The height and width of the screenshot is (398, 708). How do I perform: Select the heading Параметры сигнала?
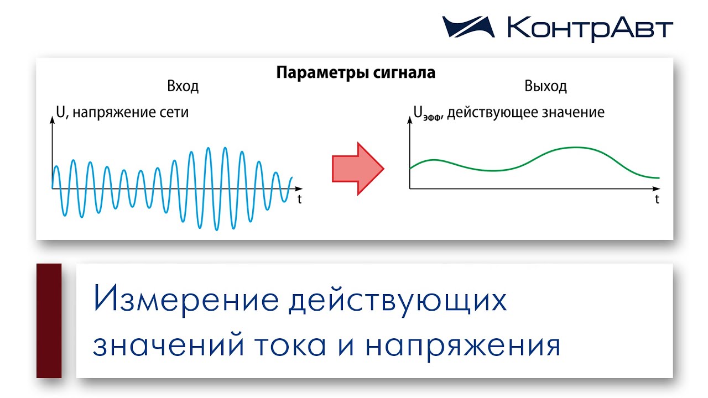tap(356, 73)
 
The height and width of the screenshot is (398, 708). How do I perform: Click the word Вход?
tap(183, 87)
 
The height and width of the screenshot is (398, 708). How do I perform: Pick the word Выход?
tap(545, 87)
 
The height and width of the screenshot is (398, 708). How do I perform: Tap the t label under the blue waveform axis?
tap(299, 200)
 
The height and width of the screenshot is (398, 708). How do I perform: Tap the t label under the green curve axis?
tap(657, 200)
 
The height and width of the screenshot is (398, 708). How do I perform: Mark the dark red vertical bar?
tap(49, 321)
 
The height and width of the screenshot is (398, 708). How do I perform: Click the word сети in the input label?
tap(176, 113)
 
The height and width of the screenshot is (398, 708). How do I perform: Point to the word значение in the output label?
tap(575, 113)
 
